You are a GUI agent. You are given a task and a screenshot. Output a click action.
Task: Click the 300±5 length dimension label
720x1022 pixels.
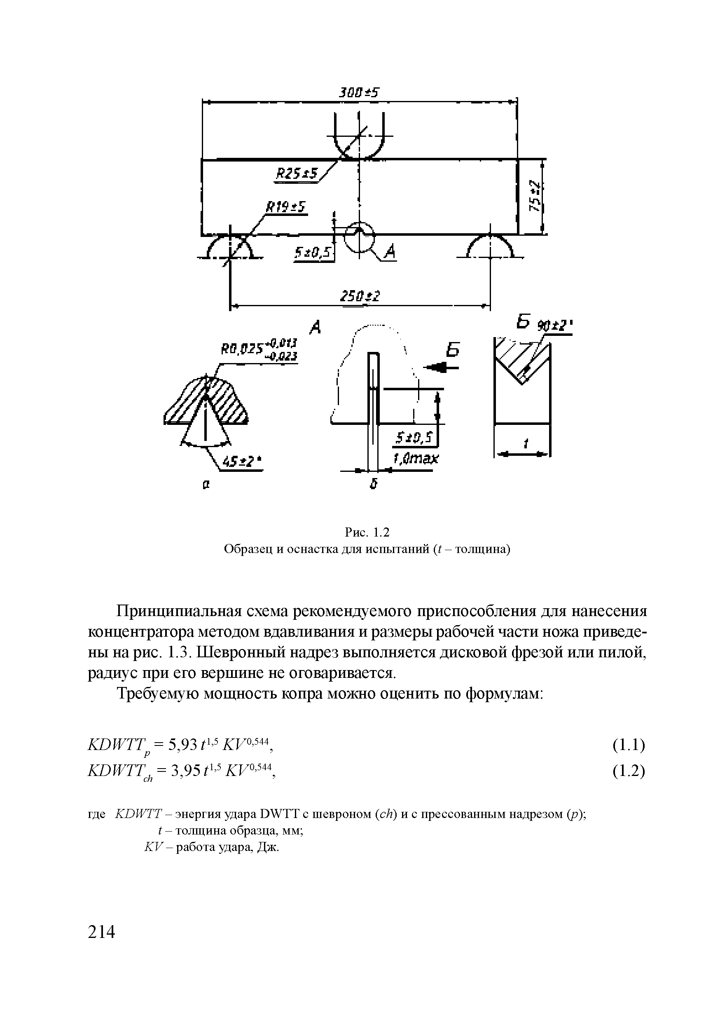click(358, 92)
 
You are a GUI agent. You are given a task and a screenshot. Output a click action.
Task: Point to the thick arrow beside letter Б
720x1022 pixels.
click(442, 367)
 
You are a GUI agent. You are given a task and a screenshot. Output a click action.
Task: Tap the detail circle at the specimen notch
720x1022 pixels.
click(360, 237)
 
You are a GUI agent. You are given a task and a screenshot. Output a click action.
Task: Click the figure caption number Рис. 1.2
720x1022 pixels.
click(367, 532)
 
